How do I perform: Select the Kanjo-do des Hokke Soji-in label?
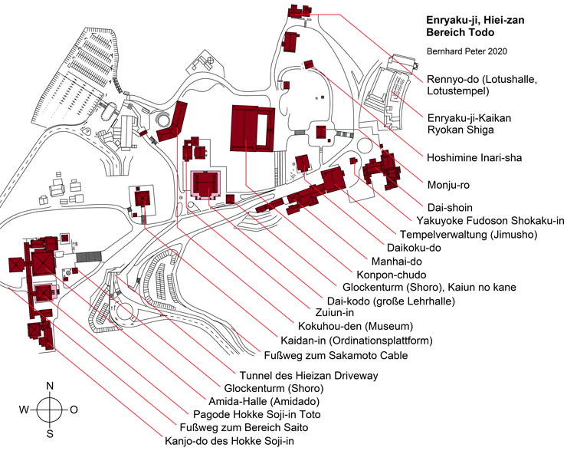[240, 441]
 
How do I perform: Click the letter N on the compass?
[50, 386]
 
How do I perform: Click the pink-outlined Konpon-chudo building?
[205, 185]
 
